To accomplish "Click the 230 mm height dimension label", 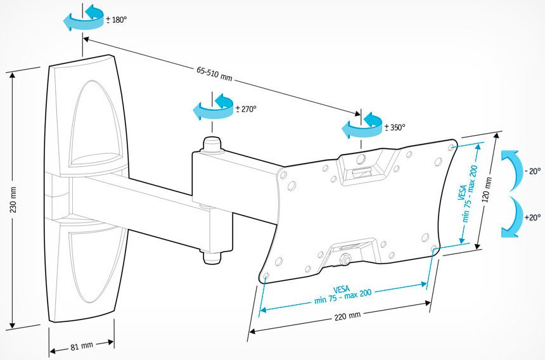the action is (13, 200).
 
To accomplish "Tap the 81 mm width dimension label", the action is (82, 346).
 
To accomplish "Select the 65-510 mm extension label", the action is (214, 74).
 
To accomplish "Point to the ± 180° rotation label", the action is (117, 20).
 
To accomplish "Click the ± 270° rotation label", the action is (246, 109).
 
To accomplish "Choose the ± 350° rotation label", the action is (395, 127).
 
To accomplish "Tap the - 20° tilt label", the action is (532, 171).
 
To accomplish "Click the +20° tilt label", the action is (532, 217).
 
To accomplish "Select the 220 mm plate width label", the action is (347, 316).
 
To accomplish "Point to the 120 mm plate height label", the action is (488, 190).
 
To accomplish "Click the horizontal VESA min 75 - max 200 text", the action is (342, 294).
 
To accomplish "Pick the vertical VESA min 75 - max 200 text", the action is (468, 193).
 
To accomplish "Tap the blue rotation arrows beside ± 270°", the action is (214, 106).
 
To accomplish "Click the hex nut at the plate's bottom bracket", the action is (345, 259).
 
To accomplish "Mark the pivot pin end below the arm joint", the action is (212, 257).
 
